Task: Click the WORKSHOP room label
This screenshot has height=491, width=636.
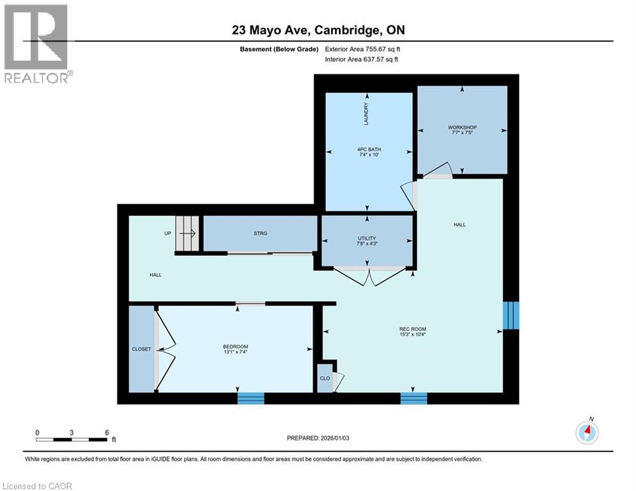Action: [x=462, y=127]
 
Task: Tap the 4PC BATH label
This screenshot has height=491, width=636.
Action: [x=369, y=150]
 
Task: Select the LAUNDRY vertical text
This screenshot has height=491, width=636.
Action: [x=366, y=114]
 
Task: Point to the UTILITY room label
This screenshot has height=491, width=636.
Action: [x=367, y=238]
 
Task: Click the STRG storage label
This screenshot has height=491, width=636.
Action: [x=260, y=233]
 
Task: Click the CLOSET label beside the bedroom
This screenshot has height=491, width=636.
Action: [x=141, y=349]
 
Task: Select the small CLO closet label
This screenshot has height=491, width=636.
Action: [x=325, y=378]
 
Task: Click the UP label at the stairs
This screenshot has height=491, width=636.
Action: [x=167, y=233]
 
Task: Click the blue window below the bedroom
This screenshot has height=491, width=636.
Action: [x=251, y=398]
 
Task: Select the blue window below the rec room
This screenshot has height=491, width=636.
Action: [x=414, y=398]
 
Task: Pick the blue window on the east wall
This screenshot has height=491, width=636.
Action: [x=511, y=315]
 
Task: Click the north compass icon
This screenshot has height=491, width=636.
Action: [x=587, y=433]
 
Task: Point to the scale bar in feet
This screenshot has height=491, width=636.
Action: [x=72, y=439]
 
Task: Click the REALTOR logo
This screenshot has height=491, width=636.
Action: [x=36, y=44]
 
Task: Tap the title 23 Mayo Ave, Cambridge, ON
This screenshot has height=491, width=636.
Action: [x=318, y=30]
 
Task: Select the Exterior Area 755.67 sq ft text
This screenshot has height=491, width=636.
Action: [x=362, y=49]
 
